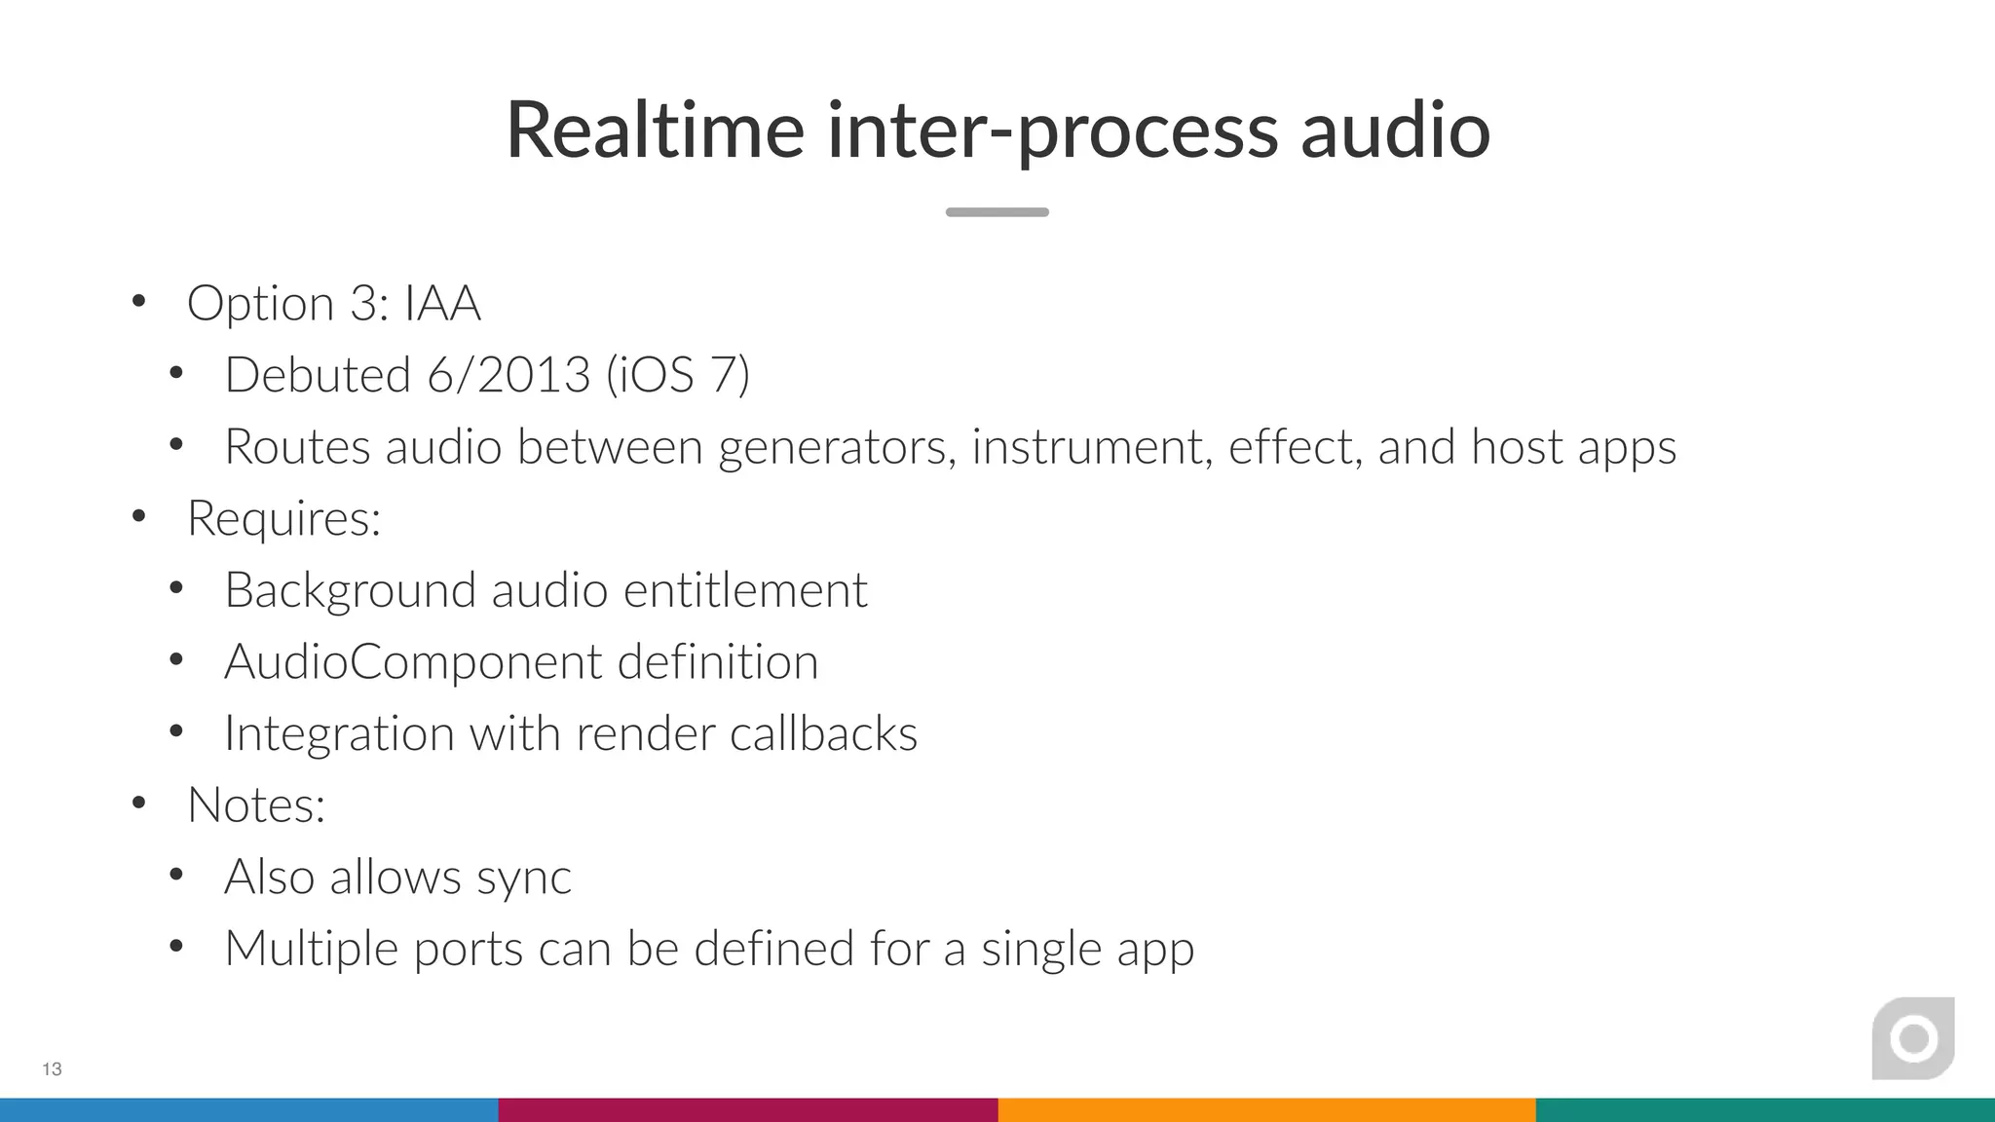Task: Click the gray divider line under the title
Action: [997, 212]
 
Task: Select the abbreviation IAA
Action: [442, 304]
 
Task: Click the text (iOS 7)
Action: [678, 375]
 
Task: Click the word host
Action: [1517, 447]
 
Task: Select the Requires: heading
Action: [283, 518]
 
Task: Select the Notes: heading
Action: [256, 805]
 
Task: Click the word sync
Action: [523, 878]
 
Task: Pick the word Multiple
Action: [311, 949]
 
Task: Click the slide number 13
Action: [53, 1069]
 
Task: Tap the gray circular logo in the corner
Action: [1913, 1038]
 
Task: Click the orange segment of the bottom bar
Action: [1266, 1110]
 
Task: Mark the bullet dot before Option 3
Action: [139, 302]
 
